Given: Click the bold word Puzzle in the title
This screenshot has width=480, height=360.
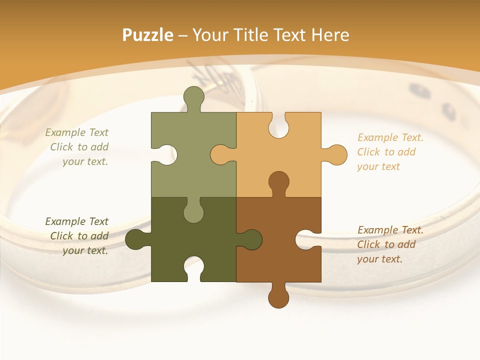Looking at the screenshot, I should (x=147, y=35).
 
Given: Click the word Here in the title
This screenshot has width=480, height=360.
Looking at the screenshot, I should (x=330, y=35).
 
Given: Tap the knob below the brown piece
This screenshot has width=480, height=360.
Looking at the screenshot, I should (x=278, y=297).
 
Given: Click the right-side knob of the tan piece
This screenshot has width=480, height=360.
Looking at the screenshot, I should (x=335, y=154).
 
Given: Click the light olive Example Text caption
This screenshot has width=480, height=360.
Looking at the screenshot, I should (x=77, y=147).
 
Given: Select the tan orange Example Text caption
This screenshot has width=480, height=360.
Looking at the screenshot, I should (x=390, y=152).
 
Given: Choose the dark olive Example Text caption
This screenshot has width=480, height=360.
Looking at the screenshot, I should (x=77, y=236).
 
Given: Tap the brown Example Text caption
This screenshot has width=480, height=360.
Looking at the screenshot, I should (x=390, y=244).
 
